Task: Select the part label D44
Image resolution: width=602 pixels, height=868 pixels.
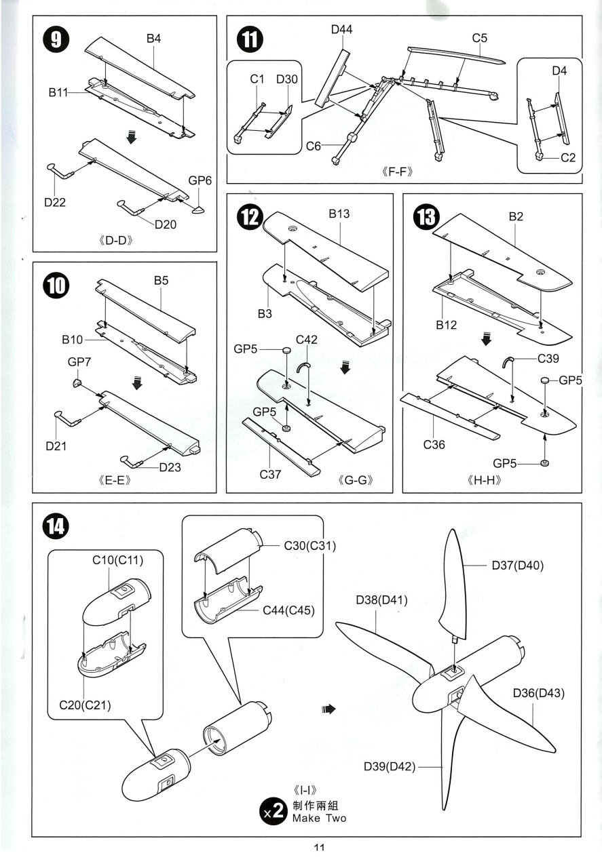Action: pyautogui.click(x=341, y=29)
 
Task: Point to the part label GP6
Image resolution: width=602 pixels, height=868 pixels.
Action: pyautogui.click(x=200, y=180)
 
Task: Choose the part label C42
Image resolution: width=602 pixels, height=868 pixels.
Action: pyautogui.click(x=306, y=339)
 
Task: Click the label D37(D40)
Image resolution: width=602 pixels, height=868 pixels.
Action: pyautogui.click(x=518, y=565)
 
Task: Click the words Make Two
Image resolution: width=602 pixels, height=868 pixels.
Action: pyautogui.click(x=319, y=818)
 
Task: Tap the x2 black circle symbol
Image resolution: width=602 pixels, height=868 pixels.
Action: pyautogui.click(x=274, y=812)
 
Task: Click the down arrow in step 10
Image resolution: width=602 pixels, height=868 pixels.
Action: pyautogui.click(x=137, y=384)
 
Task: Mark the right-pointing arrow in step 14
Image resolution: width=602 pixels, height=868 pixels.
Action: pyautogui.click(x=329, y=709)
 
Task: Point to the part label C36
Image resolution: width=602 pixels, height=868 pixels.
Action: pyautogui.click(x=434, y=445)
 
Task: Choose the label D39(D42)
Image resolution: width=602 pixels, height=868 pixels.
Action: pyautogui.click(x=388, y=766)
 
